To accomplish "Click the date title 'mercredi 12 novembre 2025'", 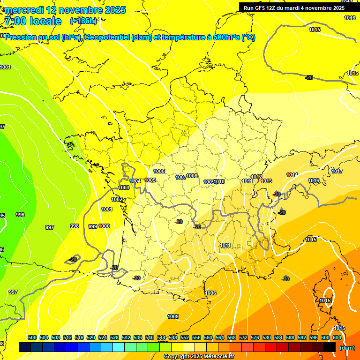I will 65,10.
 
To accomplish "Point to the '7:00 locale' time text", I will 33,21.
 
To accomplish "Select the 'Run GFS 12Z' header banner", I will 294,7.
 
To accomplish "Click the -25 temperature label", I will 309,77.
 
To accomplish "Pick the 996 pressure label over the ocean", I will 20,215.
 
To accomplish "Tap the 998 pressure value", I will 74,226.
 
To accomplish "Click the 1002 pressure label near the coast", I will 117,199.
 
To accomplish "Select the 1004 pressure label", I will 135,181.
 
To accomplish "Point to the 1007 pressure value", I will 180,177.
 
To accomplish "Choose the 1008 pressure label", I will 192,176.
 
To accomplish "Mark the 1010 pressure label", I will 219,181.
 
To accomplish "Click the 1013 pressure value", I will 267,181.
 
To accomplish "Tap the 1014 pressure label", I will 292,175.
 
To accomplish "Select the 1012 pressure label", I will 256,177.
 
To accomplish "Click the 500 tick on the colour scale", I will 32,337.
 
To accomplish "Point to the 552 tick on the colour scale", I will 185,337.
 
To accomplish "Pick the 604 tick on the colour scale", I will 337,337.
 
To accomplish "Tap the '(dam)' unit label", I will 347,348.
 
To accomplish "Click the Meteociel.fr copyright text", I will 199,357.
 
